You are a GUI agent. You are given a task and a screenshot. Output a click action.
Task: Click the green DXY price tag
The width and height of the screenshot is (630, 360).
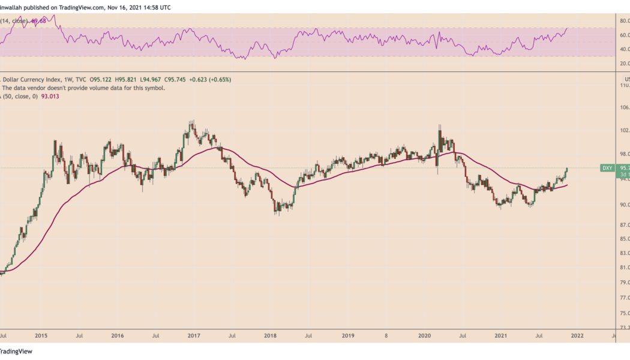click(607, 168)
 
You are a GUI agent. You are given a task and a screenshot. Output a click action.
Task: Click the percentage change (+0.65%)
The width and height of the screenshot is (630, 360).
click(219, 79)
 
